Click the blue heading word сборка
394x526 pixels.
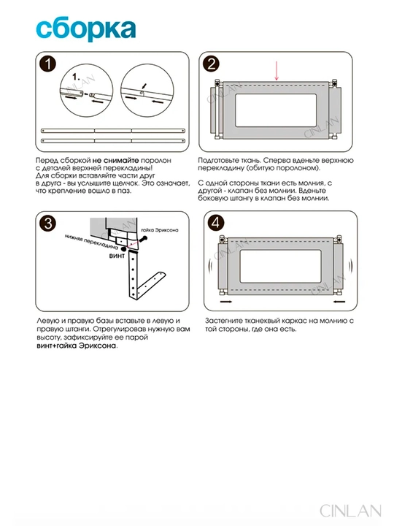[86, 29]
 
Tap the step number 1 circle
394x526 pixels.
[48, 64]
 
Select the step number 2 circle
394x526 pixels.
[212, 64]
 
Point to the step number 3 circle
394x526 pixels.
[48, 224]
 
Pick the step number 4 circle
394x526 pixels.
[216, 222]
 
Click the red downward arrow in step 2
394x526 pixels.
[277, 71]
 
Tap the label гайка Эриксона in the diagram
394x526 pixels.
[160, 230]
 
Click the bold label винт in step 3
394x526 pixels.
[117, 256]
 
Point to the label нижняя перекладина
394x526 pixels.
[91, 243]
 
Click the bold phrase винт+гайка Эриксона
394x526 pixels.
[77, 346]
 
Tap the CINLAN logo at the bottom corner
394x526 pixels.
[350, 511]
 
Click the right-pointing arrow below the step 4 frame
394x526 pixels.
[226, 302]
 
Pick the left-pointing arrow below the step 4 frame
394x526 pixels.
[339, 302]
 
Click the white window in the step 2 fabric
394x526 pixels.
[276, 110]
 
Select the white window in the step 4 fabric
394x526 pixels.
[280, 266]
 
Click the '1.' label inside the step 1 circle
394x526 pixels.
[76, 77]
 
